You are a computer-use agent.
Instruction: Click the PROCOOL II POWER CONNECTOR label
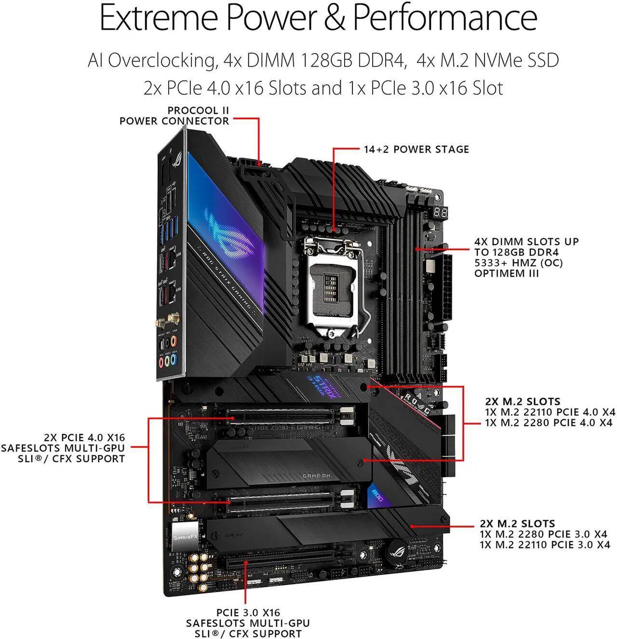[x=174, y=116]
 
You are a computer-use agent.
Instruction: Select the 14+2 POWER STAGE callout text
[x=416, y=149]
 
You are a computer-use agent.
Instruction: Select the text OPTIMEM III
[x=506, y=274]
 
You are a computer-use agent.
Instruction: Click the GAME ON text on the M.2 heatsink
[x=316, y=476]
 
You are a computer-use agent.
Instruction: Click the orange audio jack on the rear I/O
[x=174, y=341]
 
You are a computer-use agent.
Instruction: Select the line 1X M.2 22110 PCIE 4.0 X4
[x=550, y=412]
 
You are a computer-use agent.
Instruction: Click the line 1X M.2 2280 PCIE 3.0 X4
[x=545, y=534]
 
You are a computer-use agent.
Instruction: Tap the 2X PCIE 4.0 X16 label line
[x=84, y=438]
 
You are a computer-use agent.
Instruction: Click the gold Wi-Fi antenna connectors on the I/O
[x=172, y=319]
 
